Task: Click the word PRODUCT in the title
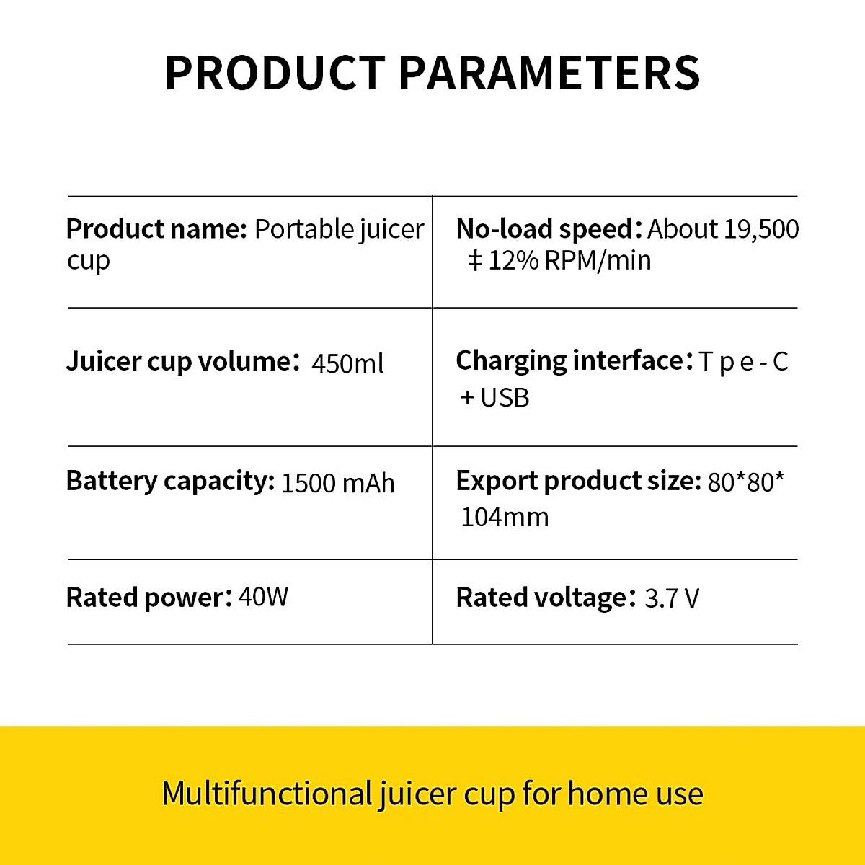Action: [275, 73]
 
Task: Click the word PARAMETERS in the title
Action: [549, 73]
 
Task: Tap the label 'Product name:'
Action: [156, 229]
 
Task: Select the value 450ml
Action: [347, 363]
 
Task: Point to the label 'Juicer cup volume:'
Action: [182, 362]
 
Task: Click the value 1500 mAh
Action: [337, 484]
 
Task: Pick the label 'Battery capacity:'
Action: [170, 482]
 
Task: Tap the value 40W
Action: [263, 597]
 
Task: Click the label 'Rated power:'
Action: [149, 598]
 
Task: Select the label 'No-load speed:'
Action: [549, 229]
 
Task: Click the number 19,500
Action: [761, 230]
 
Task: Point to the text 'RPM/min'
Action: [598, 261]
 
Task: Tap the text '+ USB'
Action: [494, 398]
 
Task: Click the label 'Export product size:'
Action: [579, 482]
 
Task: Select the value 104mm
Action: [505, 518]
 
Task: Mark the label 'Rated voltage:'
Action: [546, 598]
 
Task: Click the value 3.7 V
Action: [672, 598]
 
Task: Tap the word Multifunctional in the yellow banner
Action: [267, 794]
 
